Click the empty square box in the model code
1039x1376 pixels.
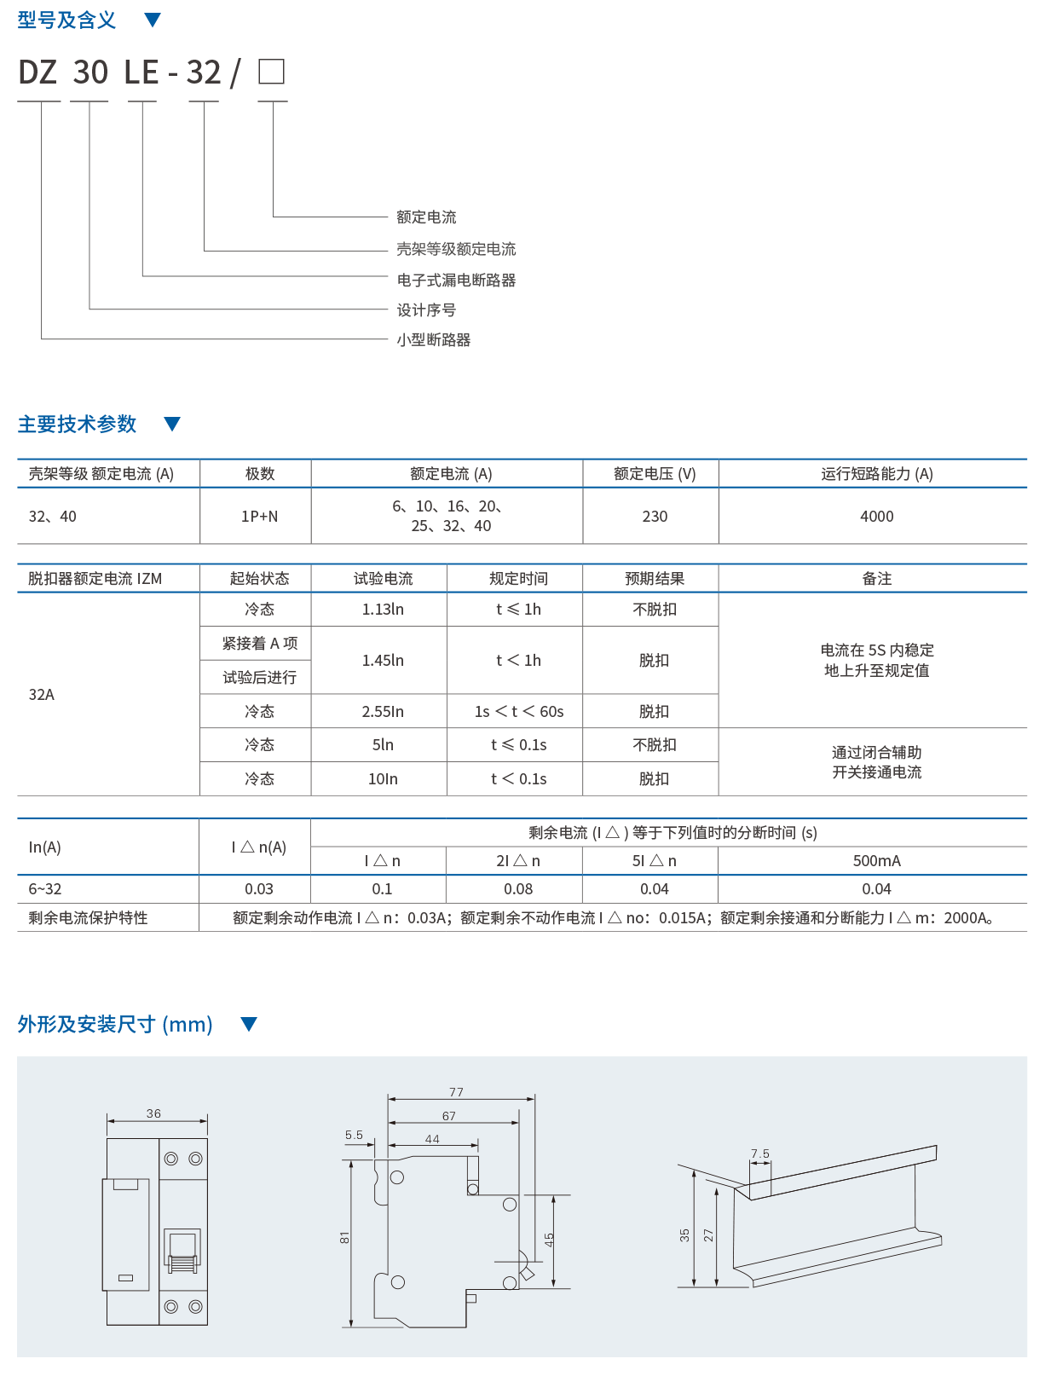pyautogui.click(x=271, y=72)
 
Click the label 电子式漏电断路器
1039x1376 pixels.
pyautogui.click(x=456, y=280)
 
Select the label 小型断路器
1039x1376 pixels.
pyautogui.click(x=434, y=340)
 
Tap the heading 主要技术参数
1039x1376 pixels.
pyautogui.click(x=77, y=425)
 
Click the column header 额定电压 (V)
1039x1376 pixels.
pyautogui.click(x=655, y=474)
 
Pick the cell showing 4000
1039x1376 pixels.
pyautogui.click(x=876, y=517)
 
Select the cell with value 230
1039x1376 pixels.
pyautogui.click(x=655, y=517)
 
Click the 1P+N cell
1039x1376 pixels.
pyautogui.click(x=259, y=517)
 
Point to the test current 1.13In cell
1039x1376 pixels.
pyautogui.click(x=383, y=610)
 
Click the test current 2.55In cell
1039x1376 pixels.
pyautogui.click(x=383, y=712)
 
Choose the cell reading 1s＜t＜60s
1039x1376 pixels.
pyautogui.click(x=518, y=712)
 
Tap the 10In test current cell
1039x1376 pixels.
pyautogui.click(x=383, y=779)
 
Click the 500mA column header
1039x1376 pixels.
pyautogui.click(x=876, y=861)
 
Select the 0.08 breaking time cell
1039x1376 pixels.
pyautogui.click(x=518, y=889)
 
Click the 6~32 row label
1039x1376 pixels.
pyautogui.click(x=45, y=889)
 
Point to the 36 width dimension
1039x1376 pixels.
pyautogui.click(x=153, y=1113)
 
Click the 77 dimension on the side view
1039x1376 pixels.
pyautogui.click(x=457, y=1092)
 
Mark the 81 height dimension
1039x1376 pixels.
pyautogui.click(x=344, y=1237)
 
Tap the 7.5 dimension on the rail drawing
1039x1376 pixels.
pyautogui.click(x=760, y=1153)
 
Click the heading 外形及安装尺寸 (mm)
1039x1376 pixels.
pyautogui.click(x=115, y=1025)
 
